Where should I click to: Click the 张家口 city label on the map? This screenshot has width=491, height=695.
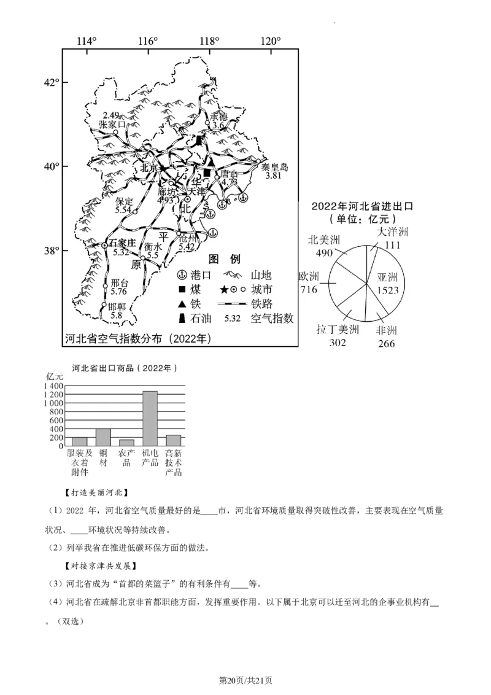[112, 124]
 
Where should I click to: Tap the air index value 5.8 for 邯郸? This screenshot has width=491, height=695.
[116, 315]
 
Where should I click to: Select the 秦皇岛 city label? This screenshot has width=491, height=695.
[274, 167]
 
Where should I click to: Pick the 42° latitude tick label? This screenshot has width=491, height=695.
[51, 82]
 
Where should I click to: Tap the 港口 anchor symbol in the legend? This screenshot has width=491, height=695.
[182, 274]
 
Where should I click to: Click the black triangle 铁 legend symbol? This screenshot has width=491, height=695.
[182, 304]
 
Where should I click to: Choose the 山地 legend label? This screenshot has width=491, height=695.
[261, 274]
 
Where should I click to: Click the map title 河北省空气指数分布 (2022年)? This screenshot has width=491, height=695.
[138, 338]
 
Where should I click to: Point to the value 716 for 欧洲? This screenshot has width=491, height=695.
[308, 289]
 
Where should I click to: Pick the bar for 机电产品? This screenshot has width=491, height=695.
[150, 418]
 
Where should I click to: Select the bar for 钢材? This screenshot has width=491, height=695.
[103, 437]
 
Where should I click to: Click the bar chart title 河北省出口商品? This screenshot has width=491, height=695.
[124, 368]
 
